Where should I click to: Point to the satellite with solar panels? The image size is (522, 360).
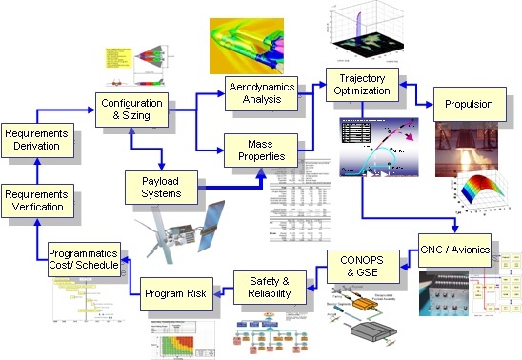point(181,233)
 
